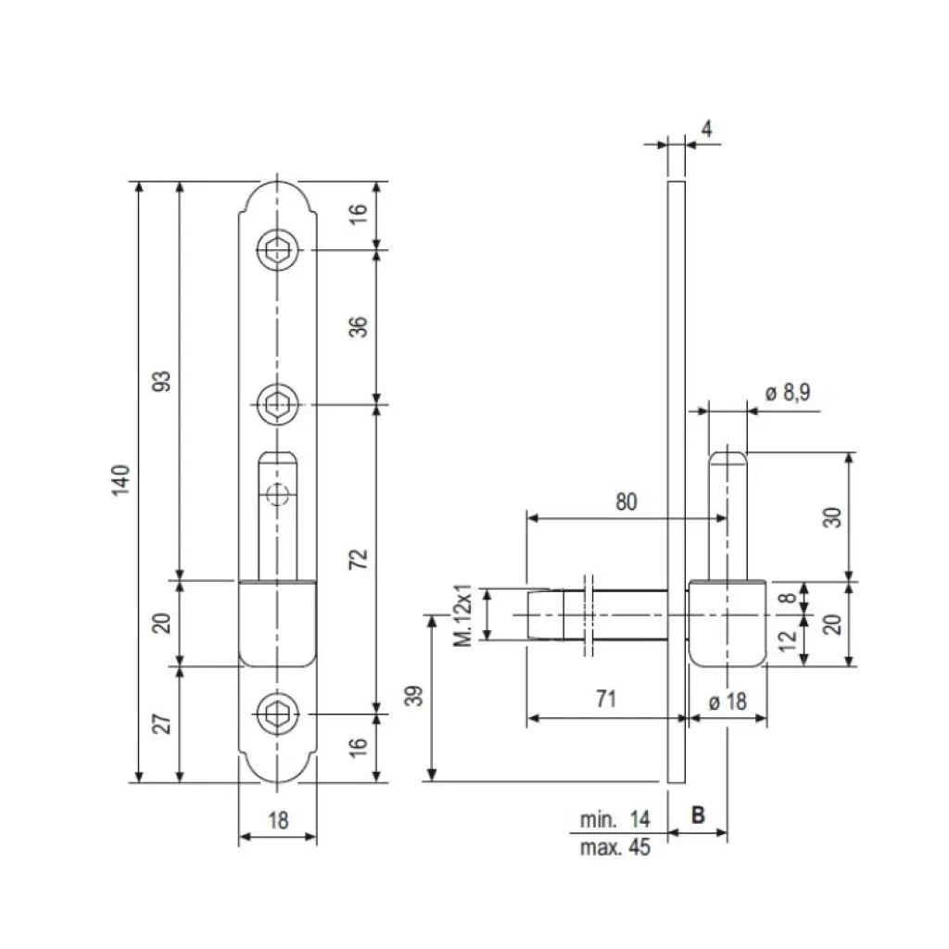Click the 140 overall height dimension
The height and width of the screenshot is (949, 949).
tap(121, 481)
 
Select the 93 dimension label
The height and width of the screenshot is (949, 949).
tap(162, 381)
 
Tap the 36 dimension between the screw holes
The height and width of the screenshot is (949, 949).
tap(360, 326)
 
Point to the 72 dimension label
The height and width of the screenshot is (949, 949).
tap(360, 558)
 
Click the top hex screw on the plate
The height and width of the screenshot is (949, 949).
tap(277, 249)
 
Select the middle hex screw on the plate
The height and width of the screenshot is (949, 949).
tap(277, 404)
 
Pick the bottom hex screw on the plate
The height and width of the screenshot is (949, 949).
tap(277, 715)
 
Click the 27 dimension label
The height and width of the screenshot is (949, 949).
tap(162, 723)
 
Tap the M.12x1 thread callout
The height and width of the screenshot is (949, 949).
tap(466, 614)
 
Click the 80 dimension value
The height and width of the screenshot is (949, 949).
tap(626, 501)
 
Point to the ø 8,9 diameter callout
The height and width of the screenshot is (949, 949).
tap(788, 393)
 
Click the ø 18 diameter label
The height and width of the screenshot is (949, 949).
tap(728, 702)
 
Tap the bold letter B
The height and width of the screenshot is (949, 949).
tap(698, 816)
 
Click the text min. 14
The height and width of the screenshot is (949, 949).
tap(615, 819)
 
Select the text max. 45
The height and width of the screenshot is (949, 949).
tap(615, 847)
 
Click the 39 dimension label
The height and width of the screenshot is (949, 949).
tap(415, 696)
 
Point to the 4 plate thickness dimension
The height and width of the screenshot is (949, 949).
tap(707, 129)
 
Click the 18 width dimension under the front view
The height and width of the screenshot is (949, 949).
tap(278, 819)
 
